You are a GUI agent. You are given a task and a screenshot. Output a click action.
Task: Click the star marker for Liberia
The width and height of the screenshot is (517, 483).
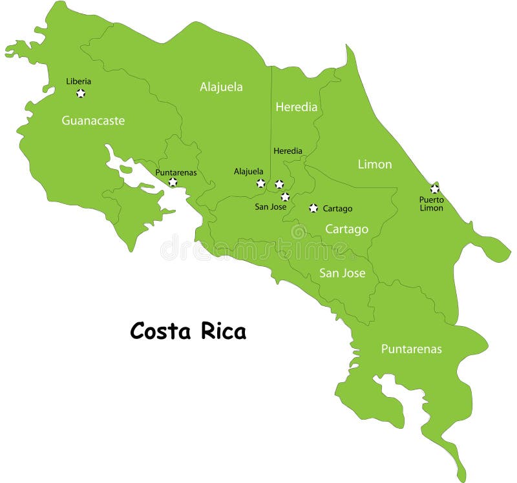point(81,93)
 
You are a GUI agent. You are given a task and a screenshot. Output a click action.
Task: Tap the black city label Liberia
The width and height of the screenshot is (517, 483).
point(79,81)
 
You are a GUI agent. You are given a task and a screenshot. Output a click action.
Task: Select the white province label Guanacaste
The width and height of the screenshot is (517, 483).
point(93,121)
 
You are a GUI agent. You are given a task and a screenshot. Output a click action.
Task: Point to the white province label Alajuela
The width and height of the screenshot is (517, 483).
point(221,87)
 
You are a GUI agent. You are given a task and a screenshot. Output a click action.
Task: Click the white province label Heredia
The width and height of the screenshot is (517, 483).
point(296,107)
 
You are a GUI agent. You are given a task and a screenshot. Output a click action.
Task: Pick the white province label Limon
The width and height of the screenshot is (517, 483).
point(375,164)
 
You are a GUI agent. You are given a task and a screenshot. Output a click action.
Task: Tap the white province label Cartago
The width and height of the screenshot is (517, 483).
point(346,229)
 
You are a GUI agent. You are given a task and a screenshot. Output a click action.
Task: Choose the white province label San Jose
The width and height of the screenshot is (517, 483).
point(342,273)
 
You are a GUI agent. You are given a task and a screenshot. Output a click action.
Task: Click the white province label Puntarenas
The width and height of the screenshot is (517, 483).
point(411,349)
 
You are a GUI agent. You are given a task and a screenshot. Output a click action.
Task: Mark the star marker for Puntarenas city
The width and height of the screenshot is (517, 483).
point(173,183)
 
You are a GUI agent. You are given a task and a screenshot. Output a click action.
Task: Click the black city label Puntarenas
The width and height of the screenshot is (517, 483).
point(175,172)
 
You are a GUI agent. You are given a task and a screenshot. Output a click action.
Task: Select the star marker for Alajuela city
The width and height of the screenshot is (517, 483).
point(260,183)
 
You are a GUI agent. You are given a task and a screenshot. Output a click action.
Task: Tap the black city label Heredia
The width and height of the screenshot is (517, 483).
point(288,151)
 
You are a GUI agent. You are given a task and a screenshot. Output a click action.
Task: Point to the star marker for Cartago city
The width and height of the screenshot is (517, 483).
point(313,208)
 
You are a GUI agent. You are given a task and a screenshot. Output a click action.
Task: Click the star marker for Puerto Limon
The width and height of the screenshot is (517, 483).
point(434,189)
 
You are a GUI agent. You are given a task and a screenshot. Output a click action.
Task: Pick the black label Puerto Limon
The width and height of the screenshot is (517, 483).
point(431,204)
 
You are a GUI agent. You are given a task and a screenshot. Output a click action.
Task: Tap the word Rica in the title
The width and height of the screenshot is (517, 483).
point(222,331)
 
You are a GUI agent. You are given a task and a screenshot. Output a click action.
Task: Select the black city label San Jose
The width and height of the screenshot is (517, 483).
point(270,207)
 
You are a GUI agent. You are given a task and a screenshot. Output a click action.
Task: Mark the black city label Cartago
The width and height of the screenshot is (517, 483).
point(337,209)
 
